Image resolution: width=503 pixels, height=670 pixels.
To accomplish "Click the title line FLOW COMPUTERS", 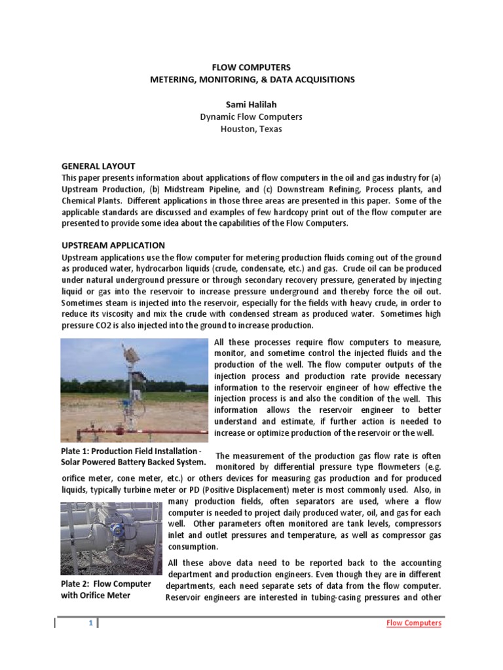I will (x=252, y=67).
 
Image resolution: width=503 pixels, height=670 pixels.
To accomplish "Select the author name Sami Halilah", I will (x=251, y=104).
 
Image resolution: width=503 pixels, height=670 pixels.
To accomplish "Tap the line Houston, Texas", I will (x=251, y=129).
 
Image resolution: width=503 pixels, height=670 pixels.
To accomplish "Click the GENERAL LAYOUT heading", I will (x=98, y=166).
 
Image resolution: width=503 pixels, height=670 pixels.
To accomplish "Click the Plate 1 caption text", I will (x=133, y=457).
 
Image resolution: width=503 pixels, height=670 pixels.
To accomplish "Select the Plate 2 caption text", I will (x=105, y=589).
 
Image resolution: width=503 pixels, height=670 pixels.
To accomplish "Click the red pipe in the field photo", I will (x=157, y=432).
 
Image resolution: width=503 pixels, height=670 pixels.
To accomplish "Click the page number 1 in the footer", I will (x=90, y=623).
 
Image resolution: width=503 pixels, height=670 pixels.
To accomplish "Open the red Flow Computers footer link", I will (x=413, y=623).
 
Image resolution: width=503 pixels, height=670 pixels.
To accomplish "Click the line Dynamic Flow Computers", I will (x=251, y=116).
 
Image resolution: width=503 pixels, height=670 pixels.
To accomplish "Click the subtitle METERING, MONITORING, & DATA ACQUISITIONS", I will (x=252, y=79).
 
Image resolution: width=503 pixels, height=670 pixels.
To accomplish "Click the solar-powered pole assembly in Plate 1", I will (x=134, y=386).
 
